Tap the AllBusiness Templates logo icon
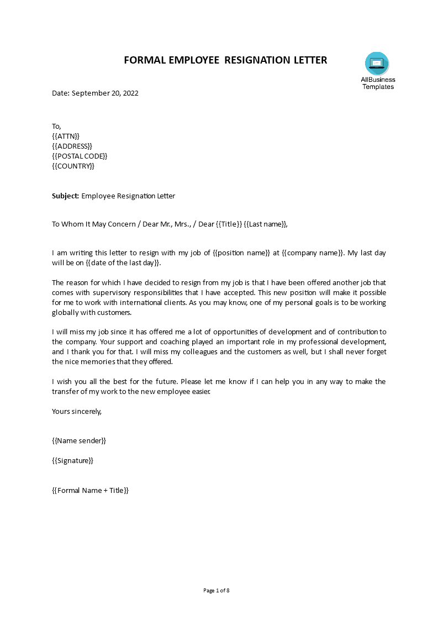click(377, 63)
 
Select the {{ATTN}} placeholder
click(66, 136)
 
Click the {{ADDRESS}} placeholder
click(72, 146)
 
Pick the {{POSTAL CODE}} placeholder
click(80, 156)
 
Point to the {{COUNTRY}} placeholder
click(73, 166)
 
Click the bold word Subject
click(66, 196)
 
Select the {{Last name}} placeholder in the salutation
click(266, 224)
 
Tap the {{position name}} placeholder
click(241, 253)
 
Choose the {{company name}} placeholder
click(309, 253)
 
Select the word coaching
click(160, 342)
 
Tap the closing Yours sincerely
click(77, 411)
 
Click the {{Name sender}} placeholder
click(79, 440)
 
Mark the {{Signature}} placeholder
click(73, 460)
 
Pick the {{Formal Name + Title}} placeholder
click(90, 490)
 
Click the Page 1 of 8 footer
click(217, 590)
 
